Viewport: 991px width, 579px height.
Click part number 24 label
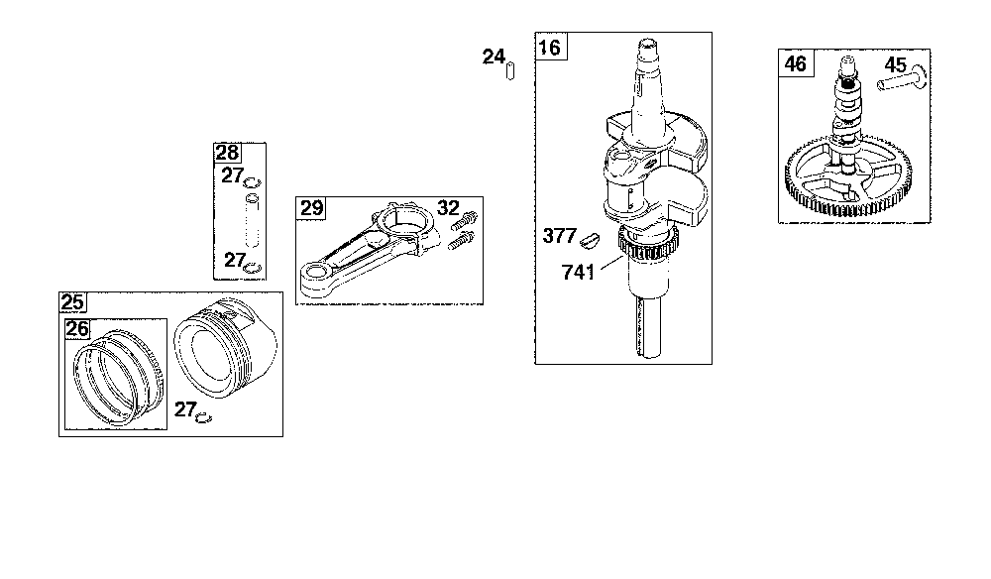click(x=494, y=57)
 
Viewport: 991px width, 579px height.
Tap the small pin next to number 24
click(x=510, y=70)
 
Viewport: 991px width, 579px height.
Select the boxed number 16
click(x=550, y=47)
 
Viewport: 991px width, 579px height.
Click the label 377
click(x=559, y=236)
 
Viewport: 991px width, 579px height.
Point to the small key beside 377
click(x=589, y=239)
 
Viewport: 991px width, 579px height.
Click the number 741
click(x=578, y=272)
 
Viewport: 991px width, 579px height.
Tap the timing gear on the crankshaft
click(x=648, y=247)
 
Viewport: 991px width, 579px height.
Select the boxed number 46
click(x=796, y=63)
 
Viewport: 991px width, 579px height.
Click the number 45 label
click(x=896, y=64)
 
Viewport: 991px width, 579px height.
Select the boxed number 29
click(x=311, y=208)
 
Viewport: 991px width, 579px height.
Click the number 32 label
click(x=448, y=207)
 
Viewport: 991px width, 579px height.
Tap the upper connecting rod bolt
click(x=465, y=221)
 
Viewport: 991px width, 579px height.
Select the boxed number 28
click(x=228, y=153)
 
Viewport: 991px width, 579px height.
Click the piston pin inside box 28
click(x=252, y=221)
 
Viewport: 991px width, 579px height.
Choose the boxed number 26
click(x=77, y=329)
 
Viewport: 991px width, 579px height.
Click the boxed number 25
click(x=72, y=302)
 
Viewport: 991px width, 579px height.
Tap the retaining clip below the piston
click(x=203, y=417)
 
